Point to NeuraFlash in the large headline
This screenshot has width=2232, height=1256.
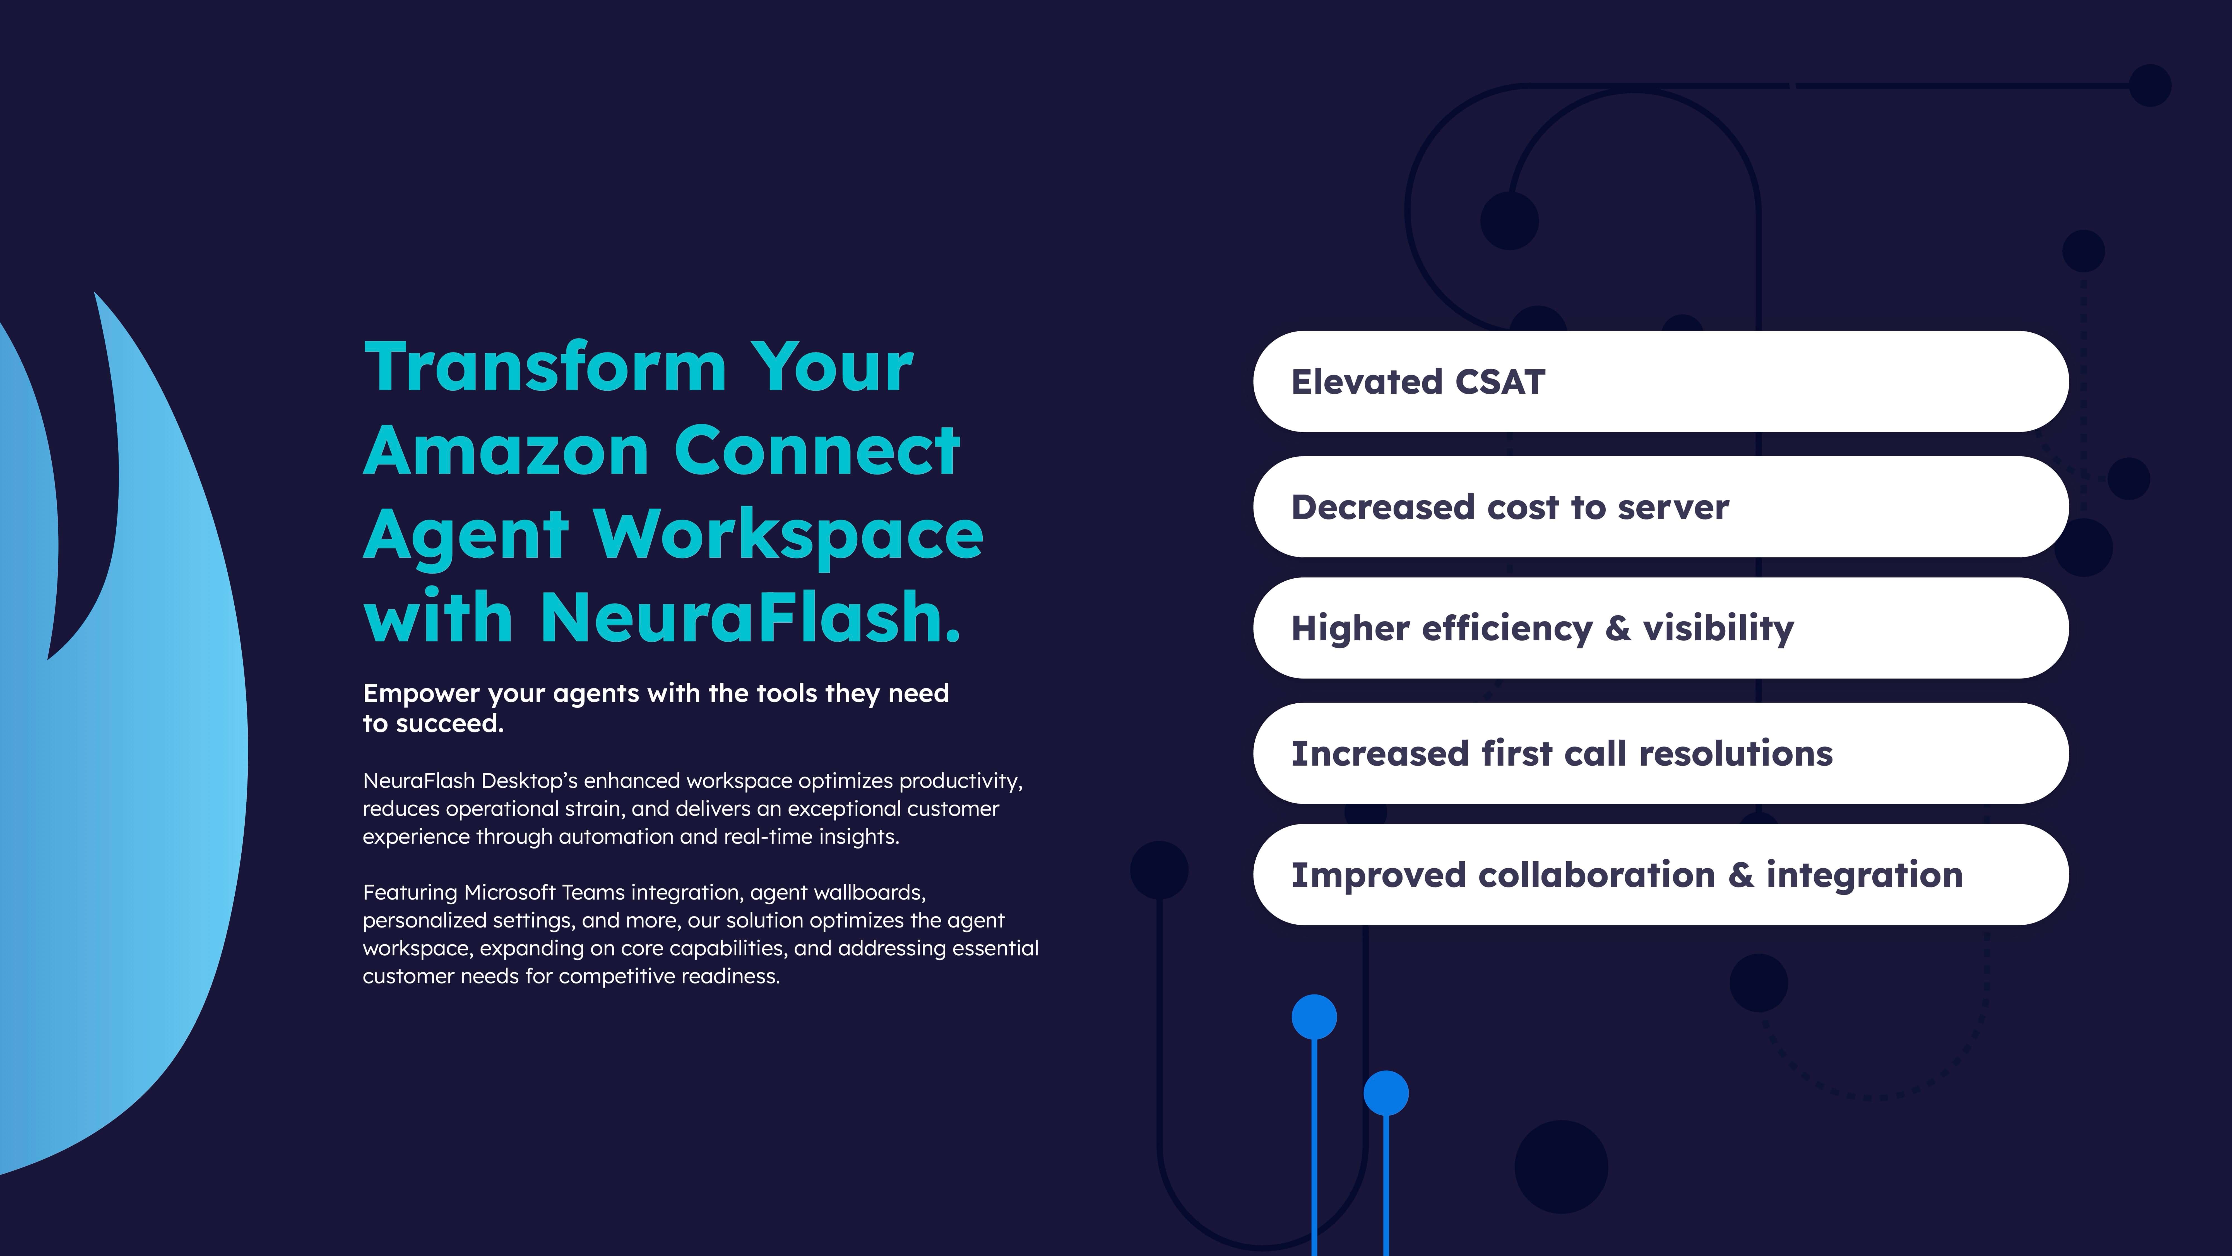[x=749, y=617]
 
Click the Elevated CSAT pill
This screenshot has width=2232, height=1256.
[x=1660, y=381]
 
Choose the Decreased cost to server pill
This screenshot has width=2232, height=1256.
[x=1660, y=507]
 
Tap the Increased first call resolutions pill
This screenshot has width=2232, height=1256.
[x=1660, y=753]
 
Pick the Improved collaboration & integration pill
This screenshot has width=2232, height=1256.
[x=1660, y=875]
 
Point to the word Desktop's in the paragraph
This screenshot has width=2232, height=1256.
[x=528, y=781]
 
